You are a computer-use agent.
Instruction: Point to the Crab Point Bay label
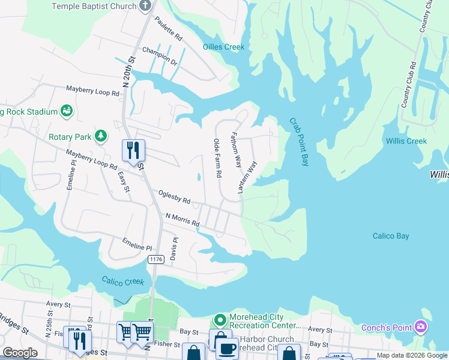(298, 142)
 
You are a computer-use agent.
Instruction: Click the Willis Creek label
(406, 141)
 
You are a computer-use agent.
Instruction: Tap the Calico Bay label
(391, 236)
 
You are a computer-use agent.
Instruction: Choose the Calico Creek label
(123, 281)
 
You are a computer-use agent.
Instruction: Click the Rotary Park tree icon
(101, 137)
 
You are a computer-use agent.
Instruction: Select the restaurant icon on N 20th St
(133, 150)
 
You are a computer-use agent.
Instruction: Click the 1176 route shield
(156, 259)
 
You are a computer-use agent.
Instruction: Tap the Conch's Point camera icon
(421, 327)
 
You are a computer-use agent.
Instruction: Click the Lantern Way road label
(247, 177)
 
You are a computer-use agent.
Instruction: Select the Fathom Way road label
(237, 149)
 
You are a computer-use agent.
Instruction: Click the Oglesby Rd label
(174, 197)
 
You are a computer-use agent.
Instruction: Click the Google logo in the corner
(20, 353)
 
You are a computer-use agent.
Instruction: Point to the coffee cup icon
(227, 348)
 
